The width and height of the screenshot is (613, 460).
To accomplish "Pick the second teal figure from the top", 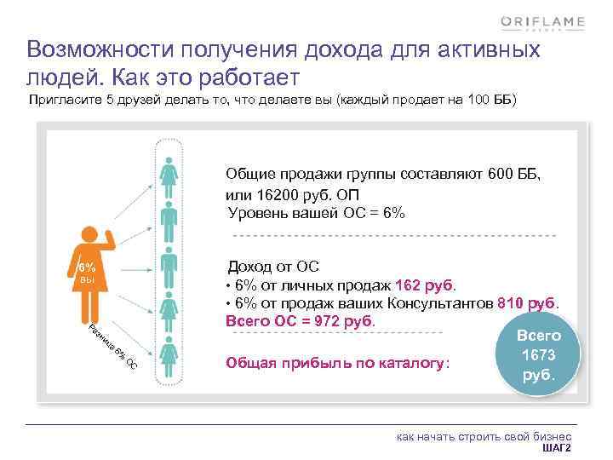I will pyautogui.click(x=169, y=217).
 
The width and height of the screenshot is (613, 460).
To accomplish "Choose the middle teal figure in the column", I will pyautogui.click(x=169, y=264).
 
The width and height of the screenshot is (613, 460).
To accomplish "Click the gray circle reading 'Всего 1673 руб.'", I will pyautogui.click(x=538, y=356).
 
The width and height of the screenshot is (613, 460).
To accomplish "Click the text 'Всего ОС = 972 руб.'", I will pyautogui.click(x=300, y=321).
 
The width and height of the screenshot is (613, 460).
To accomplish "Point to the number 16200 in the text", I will pyautogui.click(x=269, y=193).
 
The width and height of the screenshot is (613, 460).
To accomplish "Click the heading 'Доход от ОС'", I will pyautogui.click(x=273, y=267).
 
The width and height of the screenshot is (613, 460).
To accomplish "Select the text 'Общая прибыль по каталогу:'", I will pyautogui.click(x=336, y=364).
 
